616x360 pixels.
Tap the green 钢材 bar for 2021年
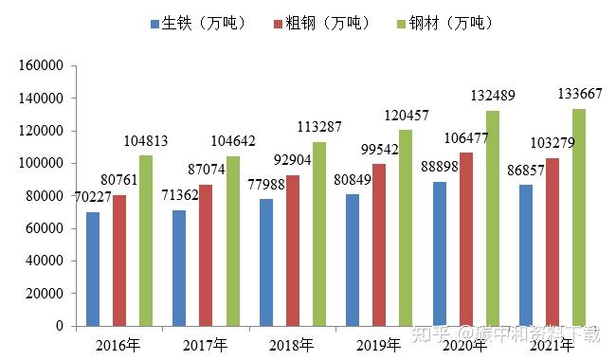[578, 217]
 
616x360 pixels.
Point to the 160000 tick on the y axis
[41, 66]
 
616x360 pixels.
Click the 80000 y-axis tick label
[45, 196]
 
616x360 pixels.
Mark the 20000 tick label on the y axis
[45, 294]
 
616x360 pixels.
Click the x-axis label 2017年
[205, 343]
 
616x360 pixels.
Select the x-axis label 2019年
[378, 343]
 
